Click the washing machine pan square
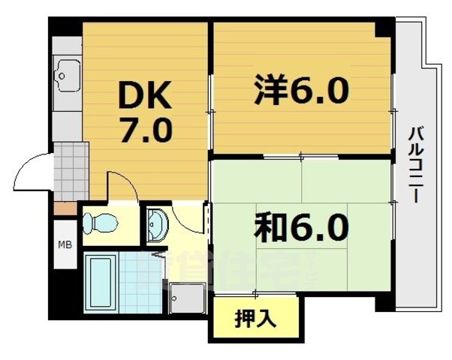(x=185, y=299)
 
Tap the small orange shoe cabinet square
(x=64, y=207)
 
